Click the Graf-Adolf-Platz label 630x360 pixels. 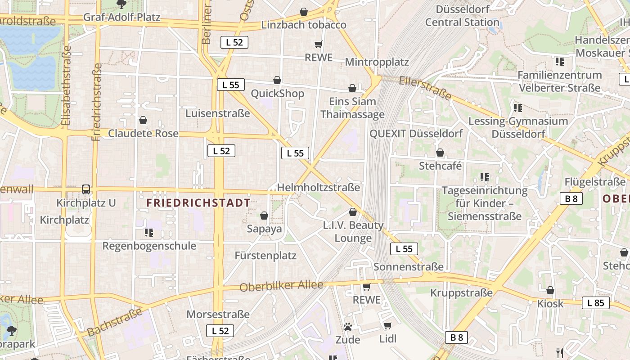coord(122,18)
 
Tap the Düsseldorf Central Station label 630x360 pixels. coord(462,16)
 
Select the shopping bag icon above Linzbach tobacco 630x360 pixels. coord(304,12)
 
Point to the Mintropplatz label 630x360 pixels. coord(377,62)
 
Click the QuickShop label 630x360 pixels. coord(277,94)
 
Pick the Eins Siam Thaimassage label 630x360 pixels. coord(352,108)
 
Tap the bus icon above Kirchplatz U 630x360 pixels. coord(86,189)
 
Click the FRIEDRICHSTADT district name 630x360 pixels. coord(198,203)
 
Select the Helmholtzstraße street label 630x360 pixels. coord(319,187)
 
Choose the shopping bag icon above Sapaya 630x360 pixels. coord(264,216)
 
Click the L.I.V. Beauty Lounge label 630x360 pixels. coord(353,232)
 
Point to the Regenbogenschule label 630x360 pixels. coord(149,246)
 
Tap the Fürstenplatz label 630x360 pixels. coord(265,256)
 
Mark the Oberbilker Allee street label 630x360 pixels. coord(282,286)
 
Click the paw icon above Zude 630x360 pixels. coord(347,327)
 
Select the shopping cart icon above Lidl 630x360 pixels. coord(387,325)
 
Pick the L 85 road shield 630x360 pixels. coord(596,303)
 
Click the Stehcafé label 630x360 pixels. coord(441,166)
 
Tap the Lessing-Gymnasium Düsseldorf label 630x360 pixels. coord(518,127)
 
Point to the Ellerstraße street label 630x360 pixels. coord(425,88)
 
